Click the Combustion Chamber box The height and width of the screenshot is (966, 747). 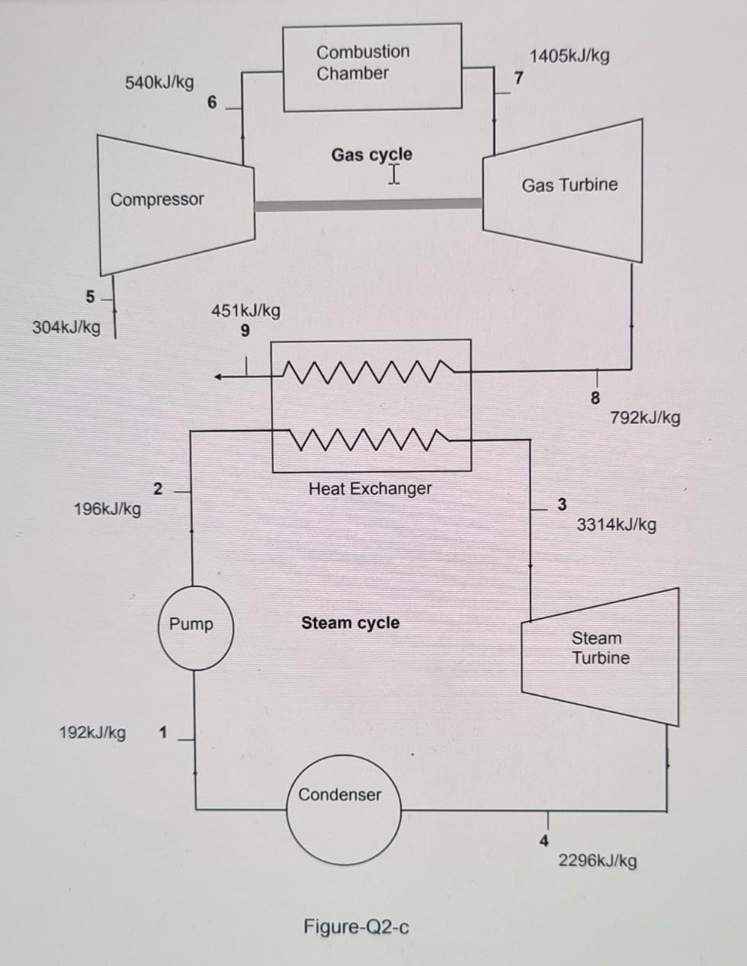(372, 67)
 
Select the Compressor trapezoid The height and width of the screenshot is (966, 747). (175, 202)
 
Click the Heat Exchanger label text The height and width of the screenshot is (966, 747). (370, 489)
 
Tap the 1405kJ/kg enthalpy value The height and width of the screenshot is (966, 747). (569, 56)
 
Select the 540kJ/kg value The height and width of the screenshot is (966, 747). (159, 82)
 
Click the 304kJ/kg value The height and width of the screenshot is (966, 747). (66, 328)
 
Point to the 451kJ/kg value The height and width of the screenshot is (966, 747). (245, 310)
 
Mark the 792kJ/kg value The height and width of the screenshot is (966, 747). (646, 418)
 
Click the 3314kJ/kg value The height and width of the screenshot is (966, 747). (616, 525)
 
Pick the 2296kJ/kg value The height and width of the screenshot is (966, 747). (598, 861)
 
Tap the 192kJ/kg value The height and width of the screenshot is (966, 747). (92, 733)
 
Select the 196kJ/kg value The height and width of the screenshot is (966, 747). (107, 509)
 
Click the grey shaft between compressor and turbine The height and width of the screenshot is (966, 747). (369, 204)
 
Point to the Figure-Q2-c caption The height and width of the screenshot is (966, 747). (356, 927)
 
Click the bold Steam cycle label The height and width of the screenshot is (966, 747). (350, 623)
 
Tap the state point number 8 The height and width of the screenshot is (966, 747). (595, 397)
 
